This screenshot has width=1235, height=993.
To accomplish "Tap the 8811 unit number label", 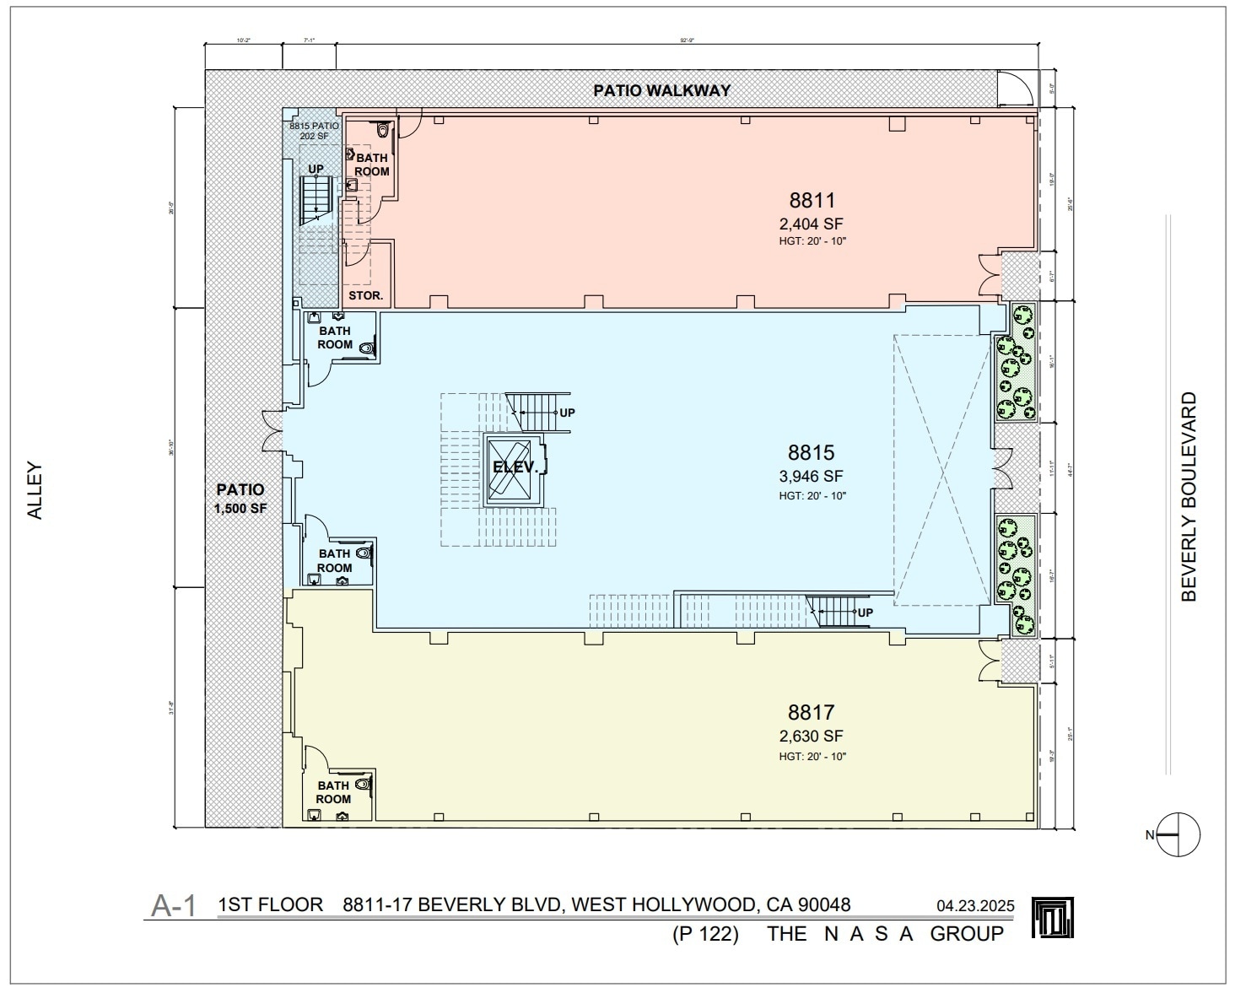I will coord(812,200).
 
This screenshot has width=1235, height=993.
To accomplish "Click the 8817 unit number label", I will coord(812,712).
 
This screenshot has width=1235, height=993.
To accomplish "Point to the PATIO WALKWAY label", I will coord(661,90).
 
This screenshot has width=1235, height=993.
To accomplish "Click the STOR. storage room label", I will coord(366,296).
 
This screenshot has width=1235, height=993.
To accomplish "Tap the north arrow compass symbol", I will coord(1178,835).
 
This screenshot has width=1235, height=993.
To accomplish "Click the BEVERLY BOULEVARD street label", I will coord(1189,496).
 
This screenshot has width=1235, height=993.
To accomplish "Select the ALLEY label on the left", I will coord(35,489).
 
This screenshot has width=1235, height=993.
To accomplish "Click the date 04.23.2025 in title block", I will coord(974,907).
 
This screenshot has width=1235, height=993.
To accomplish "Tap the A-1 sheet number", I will coord(173,906).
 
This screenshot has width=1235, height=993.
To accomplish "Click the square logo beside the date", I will coord(1053,918).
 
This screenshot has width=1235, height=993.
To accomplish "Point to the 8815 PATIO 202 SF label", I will coord(314,131).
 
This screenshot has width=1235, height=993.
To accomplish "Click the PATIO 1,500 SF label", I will coord(240,499).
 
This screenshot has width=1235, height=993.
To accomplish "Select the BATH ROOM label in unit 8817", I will coord(333,792).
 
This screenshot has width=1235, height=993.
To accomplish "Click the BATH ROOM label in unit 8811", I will coord(371,165).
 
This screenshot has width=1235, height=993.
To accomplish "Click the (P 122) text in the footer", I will coord(705,934).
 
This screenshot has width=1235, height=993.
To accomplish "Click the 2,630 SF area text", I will coord(812,737).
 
